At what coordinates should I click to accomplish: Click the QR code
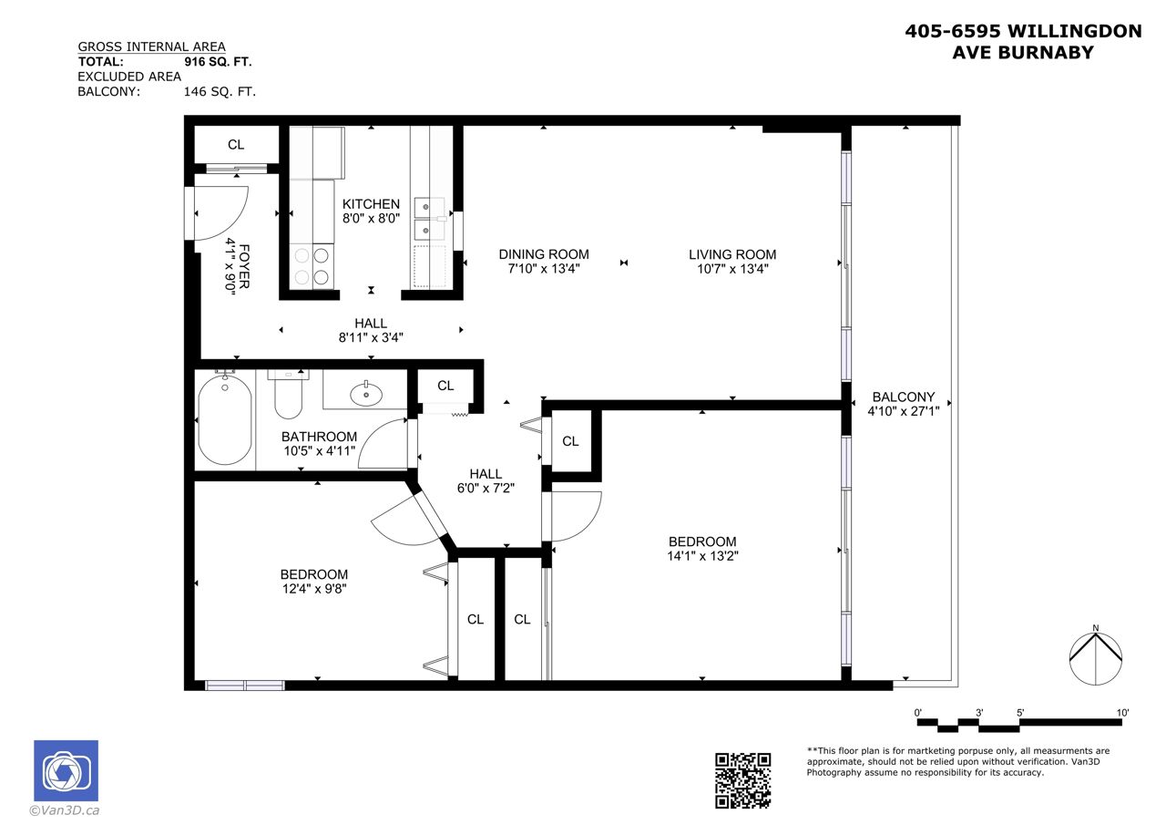click(x=742, y=780)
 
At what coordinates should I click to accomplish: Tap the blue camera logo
click(x=66, y=770)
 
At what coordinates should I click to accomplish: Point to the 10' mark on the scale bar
click(x=1122, y=713)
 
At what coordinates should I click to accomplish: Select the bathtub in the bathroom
click(x=225, y=421)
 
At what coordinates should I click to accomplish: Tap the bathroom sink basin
click(x=366, y=395)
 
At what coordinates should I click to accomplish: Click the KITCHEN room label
click(x=371, y=204)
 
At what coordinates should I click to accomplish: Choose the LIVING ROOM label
click(x=732, y=254)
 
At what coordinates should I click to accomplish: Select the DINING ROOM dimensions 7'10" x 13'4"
click(x=544, y=269)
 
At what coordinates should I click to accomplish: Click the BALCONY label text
click(x=904, y=397)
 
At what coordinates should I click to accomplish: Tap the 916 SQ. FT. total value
click(x=218, y=62)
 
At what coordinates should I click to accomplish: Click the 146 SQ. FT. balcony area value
click(x=220, y=92)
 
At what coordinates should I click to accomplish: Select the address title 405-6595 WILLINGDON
click(x=1023, y=31)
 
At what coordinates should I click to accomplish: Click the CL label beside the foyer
click(x=236, y=145)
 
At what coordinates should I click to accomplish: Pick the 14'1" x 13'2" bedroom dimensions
click(x=702, y=556)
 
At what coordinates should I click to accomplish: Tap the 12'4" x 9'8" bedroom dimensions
click(x=314, y=589)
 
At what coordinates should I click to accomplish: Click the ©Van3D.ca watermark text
click(x=65, y=810)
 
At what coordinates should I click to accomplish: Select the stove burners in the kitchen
click(x=312, y=266)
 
